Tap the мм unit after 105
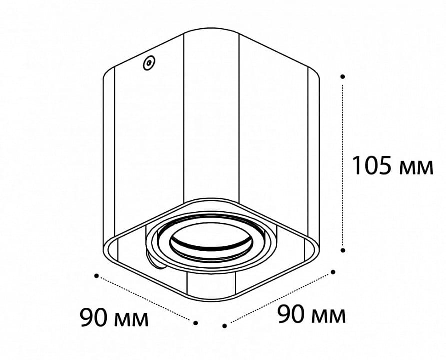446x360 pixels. tap(416, 168)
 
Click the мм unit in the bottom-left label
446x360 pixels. tap(131, 320)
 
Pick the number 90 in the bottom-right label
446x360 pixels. tap(291, 314)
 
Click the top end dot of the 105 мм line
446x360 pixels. tap(343, 76)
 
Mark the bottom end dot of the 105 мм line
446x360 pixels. tap(343, 250)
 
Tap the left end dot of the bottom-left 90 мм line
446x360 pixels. tap(97, 276)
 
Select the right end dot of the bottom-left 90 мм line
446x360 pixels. tap(195, 323)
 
